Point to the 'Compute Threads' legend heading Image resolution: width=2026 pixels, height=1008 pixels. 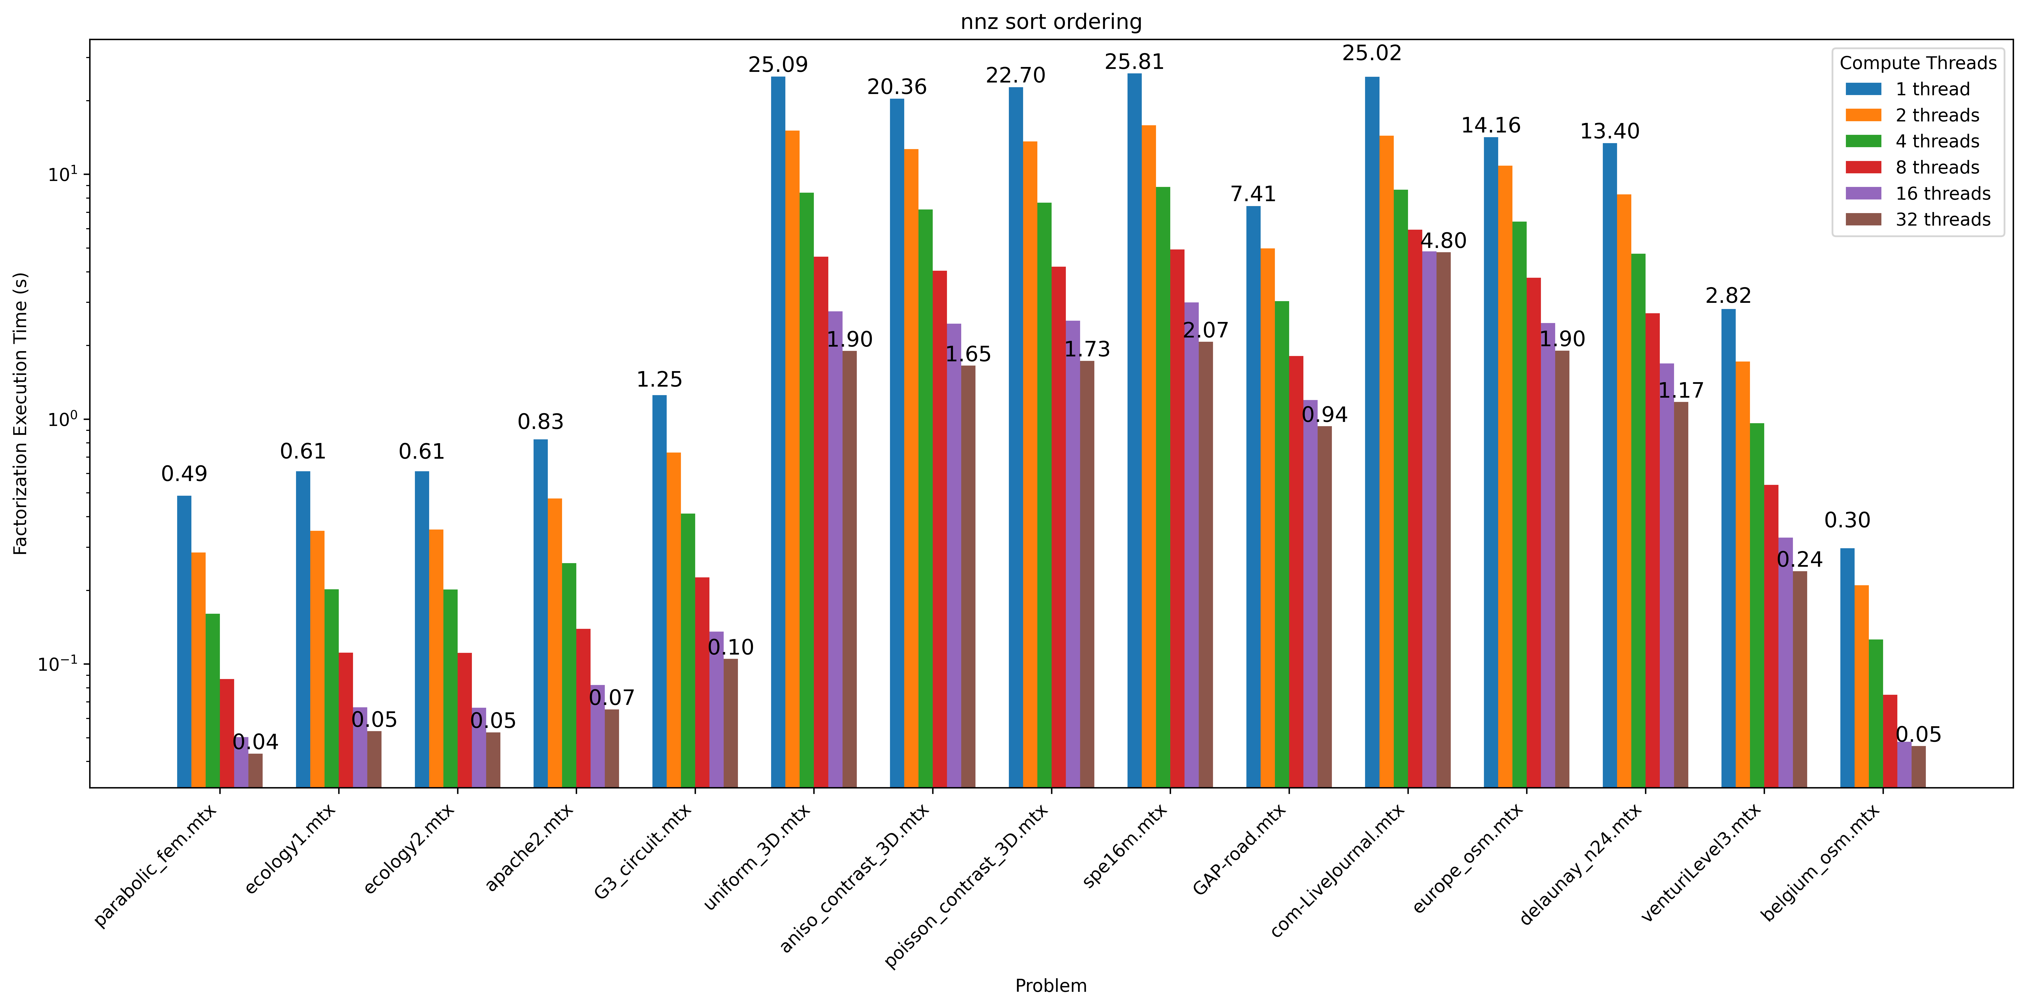(x=1918, y=63)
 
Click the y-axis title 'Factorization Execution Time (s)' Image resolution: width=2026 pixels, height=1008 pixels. (x=20, y=414)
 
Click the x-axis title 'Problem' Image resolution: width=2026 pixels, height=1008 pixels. (x=1051, y=985)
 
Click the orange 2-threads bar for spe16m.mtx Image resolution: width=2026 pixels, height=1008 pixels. (x=1148, y=456)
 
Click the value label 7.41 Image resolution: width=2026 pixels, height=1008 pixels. (x=1253, y=194)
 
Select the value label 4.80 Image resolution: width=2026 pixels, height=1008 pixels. (x=1443, y=241)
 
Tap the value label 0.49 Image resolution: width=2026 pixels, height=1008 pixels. (x=184, y=474)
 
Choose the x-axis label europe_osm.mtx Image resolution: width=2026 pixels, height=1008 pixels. (x=1468, y=859)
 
